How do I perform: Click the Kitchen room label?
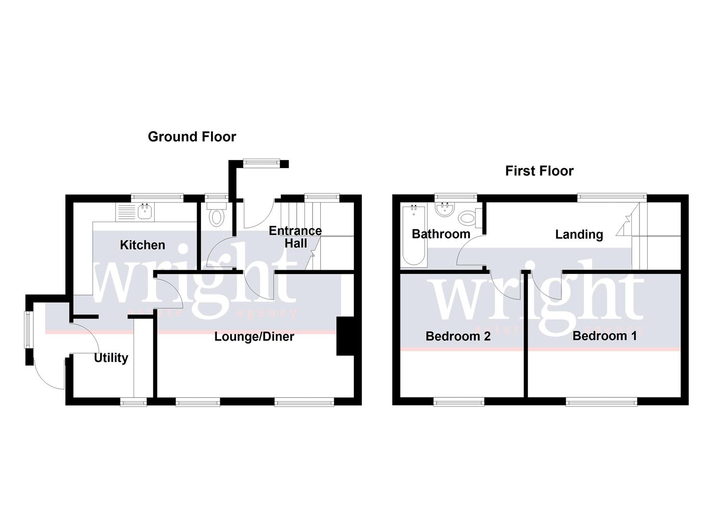[142, 245]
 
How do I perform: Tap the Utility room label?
[111, 358]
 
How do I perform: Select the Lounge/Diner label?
[254, 336]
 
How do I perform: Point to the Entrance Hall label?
[295, 237]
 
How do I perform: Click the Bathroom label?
[441, 234]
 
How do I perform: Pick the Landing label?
[579, 235]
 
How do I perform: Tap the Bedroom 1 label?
[604, 335]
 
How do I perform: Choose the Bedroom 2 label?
[458, 336]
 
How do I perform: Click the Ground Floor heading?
[192, 137]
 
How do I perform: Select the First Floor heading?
[539, 171]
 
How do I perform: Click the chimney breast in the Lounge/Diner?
[345, 336]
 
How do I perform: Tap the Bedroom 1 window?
[601, 401]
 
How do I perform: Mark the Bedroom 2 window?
[459, 401]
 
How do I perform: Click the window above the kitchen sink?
[157, 197]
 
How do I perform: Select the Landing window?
[611, 197]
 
